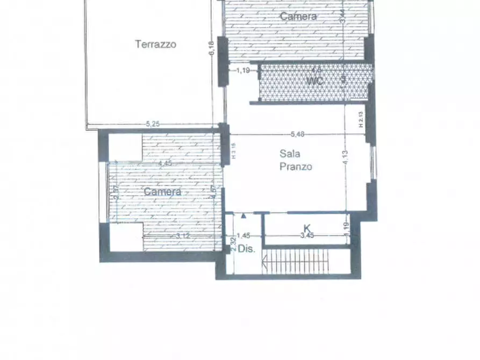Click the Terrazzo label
coord(155,44)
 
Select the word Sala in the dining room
coord(290,154)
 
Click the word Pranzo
coord(296,167)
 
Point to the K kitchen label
coord(307,228)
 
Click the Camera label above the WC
coord(298,17)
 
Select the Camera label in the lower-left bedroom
coord(162,192)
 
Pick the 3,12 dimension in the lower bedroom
coord(183,235)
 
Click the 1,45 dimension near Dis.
coord(243,235)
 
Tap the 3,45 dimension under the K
coord(307,235)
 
